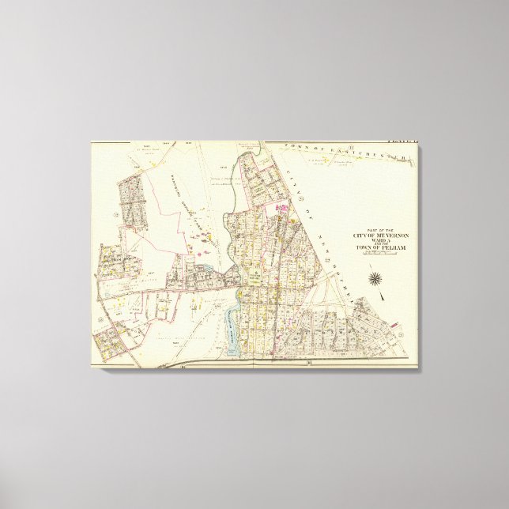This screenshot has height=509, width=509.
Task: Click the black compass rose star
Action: click(x=375, y=278)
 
